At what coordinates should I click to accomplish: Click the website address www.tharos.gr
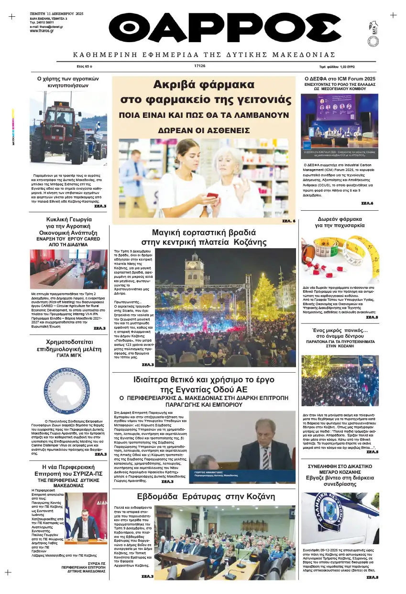click(x=42, y=31)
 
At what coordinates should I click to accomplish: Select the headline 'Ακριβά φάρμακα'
click(x=203, y=85)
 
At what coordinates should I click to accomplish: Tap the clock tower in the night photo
click(x=194, y=271)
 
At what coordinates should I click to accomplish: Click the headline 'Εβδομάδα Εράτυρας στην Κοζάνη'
click(x=206, y=496)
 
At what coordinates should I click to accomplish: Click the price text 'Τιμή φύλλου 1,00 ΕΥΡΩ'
click(x=340, y=67)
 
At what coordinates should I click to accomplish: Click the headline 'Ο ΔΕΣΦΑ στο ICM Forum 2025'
click(x=340, y=79)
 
